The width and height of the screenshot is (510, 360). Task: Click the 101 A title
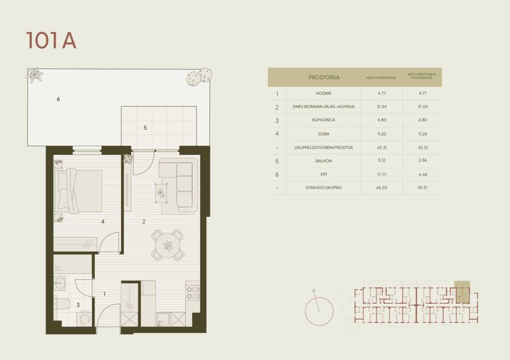click(51, 41)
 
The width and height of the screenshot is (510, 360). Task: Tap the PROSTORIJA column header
click(324, 77)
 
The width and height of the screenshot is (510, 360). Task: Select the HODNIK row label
click(323, 93)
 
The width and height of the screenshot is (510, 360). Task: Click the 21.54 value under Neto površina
click(382, 107)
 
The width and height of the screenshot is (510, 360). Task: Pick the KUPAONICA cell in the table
click(323, 120)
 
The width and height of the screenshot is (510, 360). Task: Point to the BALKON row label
click(323, 161)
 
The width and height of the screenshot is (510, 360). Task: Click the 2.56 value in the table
click(422, 160)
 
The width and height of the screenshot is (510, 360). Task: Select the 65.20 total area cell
click(382, 188)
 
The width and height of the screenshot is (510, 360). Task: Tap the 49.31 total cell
click(422, 188)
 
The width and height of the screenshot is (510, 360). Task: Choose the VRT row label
click(324, 174)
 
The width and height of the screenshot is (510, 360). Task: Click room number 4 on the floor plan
click(103, 222)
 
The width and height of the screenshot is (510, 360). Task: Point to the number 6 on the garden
click(58, 99)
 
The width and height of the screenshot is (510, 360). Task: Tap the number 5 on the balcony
click(145, 128)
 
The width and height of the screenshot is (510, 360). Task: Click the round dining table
click(168, 245)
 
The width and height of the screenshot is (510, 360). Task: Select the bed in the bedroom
click(78, 191)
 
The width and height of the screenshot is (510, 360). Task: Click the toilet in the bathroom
click(62, 304)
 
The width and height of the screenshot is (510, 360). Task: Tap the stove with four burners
click(193, 293)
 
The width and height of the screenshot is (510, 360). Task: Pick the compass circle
click(319, 311)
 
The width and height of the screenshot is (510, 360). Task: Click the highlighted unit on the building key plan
click(462, 292)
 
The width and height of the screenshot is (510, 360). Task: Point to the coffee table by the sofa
click(162, 193)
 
